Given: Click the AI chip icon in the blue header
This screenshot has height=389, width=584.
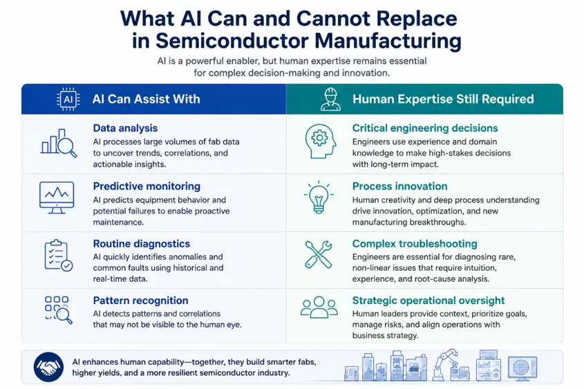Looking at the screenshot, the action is tap(68, 99).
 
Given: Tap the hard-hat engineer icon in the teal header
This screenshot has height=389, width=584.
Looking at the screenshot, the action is tap(330, 99).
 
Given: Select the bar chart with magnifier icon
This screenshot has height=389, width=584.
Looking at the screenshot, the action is tap(59, 143).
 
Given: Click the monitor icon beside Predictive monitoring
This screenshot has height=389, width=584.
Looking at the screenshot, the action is tap(57, 198).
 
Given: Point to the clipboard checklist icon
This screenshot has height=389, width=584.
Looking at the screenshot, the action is tap(58, 256).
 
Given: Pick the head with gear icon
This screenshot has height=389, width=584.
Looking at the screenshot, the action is tap(320, 142).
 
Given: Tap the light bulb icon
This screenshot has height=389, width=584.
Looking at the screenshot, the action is tap(319, 198).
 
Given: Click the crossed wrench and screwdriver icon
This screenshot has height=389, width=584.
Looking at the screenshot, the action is tap(319, 255).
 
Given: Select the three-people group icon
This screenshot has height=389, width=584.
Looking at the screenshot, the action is tap(319, 307).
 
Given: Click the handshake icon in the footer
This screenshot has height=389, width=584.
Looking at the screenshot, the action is tap(48, 367).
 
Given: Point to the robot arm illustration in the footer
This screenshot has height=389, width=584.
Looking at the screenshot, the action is tap(451, 365).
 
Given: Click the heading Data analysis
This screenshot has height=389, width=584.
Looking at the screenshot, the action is tap(125, 128).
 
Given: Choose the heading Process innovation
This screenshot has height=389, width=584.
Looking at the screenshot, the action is tap(399, 186).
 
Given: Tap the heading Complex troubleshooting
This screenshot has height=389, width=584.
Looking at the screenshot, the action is tap(415, 243).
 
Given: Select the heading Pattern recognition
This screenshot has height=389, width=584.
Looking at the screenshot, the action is tap(140, 301).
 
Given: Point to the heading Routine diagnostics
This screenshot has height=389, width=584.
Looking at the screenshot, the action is tap(141, 243).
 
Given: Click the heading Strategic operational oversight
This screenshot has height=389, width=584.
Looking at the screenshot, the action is tap(428, 301).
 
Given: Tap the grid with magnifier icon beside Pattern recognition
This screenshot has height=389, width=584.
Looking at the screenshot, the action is tap(59, 310).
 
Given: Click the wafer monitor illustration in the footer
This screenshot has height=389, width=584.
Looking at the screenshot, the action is tap(522, 368).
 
